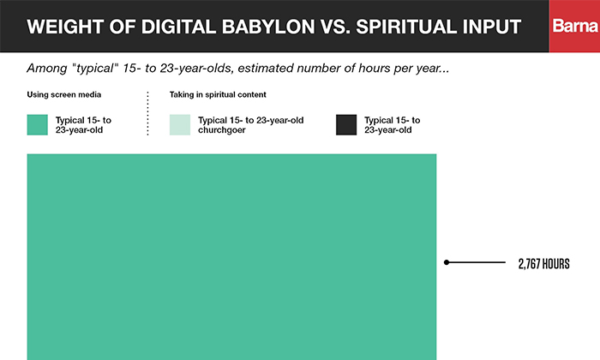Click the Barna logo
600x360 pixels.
pos(575,26)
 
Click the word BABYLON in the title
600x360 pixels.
pos(268,27)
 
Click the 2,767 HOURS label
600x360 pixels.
pos(543,264)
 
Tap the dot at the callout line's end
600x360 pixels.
pos(447,262)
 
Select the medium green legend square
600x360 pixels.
pos(37,125)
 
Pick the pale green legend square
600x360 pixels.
pos(180,125)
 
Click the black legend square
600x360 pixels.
pos(346,125)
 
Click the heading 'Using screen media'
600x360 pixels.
pos(64,94)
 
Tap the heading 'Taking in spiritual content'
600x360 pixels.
pos(218,94)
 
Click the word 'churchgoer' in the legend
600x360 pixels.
pos(221,130)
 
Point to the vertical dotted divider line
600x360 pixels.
pos(147,113)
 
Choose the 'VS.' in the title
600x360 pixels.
pos(335,27)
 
